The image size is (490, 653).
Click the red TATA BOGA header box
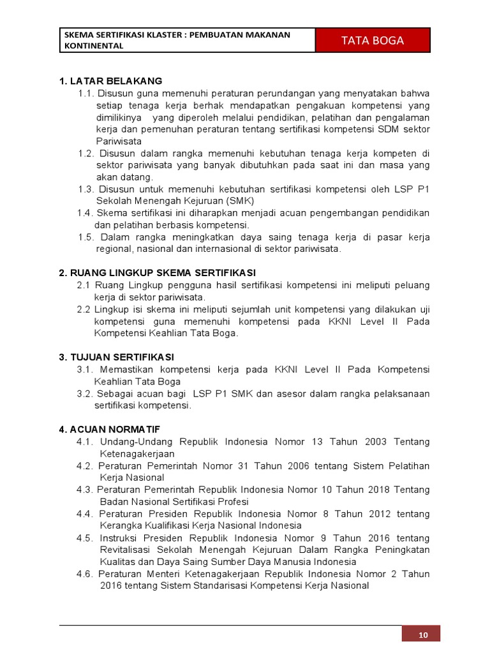(x=373, y=40)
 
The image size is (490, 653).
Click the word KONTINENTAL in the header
(x=93, y=46)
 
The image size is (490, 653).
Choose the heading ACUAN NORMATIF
(x=111, y=429)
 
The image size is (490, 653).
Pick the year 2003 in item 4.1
(x=375, y=441)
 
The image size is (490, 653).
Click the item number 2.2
(x=84, y=309)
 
